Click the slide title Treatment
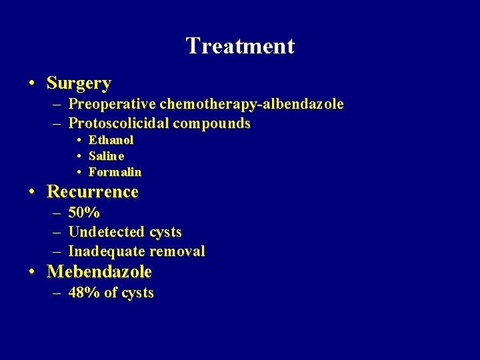click(x=240, y=46)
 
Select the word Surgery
click(x=79, y=83)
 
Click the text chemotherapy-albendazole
click(x=251, y=104)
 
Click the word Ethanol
click(x=111, y=140)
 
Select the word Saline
click(x=106, y=156)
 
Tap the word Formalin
click(x=115, y=172)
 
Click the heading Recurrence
click(x=93, y=192)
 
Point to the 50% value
click(x=84, y=213)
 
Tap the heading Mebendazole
click(x=99, y=272)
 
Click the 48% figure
click(x=84, y=293)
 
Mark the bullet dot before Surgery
click(x=32, y=84)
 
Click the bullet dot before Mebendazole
click(x=32, y=273)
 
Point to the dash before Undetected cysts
click(x=55, y=232)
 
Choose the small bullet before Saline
click(x=79, y=156)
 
